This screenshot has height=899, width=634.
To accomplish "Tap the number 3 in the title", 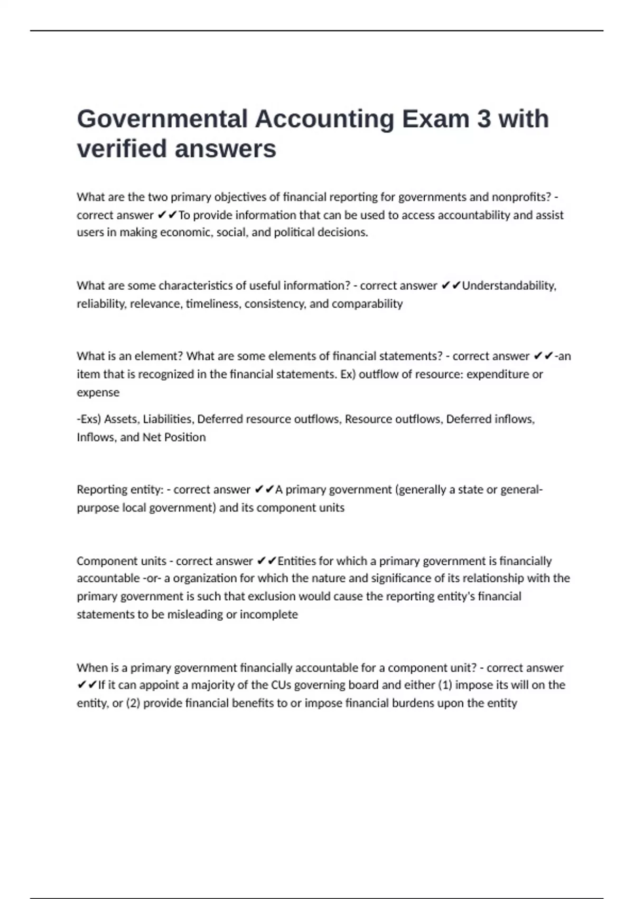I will point(483,119).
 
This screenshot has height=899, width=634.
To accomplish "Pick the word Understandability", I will point(509,286).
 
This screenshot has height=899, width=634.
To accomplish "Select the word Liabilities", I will point(169,419).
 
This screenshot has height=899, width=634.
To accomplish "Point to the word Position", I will point(184,437).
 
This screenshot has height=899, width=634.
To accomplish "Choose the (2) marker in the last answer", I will point(133,703).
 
